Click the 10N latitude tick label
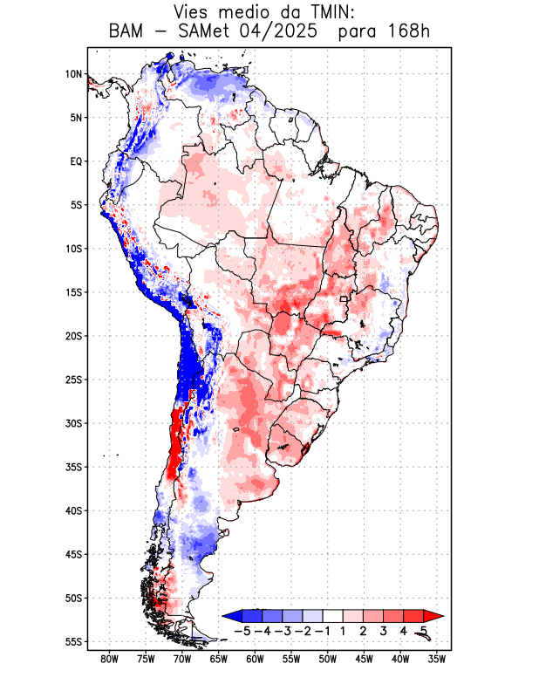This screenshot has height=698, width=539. [73, 74]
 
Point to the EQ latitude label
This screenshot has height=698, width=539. [75, 161]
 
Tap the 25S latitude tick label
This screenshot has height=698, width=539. [73, 380]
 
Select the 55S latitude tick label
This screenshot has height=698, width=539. [73, 641]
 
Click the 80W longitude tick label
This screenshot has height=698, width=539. [109, 659]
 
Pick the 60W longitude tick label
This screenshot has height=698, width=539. [255, 659]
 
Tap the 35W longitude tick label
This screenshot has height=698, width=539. [437, 659]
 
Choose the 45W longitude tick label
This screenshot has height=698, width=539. [365, 659]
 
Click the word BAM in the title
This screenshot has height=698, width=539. [128, 32]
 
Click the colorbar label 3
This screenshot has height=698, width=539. [384, 631]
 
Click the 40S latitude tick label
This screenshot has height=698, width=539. [73, 510]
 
